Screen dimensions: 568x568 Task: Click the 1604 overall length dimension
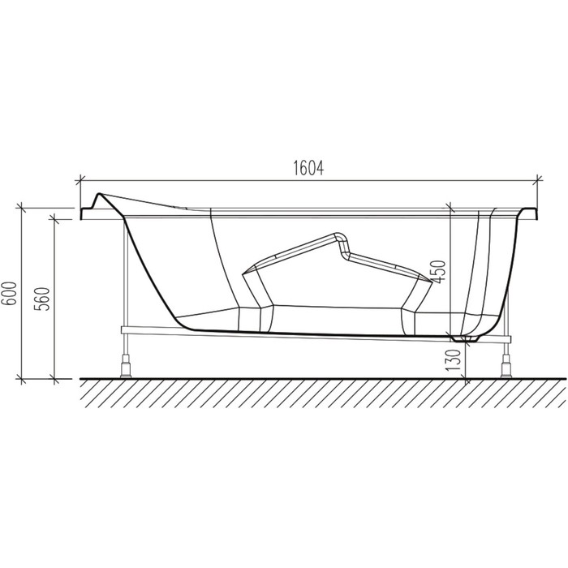pyautogui.click(x=308, y=168)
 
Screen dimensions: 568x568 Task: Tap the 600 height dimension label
pyautogui.click(x=11, y=294)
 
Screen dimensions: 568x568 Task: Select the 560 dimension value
pyautogui.click(x=41, y=299)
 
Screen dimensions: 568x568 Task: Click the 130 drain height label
pyautogui.click(x=453, y=359)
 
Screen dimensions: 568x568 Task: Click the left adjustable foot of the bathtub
pyautogui.click(x=125, y=366)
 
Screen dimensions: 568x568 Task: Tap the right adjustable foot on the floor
pyautogui.click(x=506, y=366)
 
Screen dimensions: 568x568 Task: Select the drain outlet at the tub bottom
pyautogui.click(x=466, y=338)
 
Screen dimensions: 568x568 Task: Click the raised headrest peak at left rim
pyautogui.click(x=99, y=196)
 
